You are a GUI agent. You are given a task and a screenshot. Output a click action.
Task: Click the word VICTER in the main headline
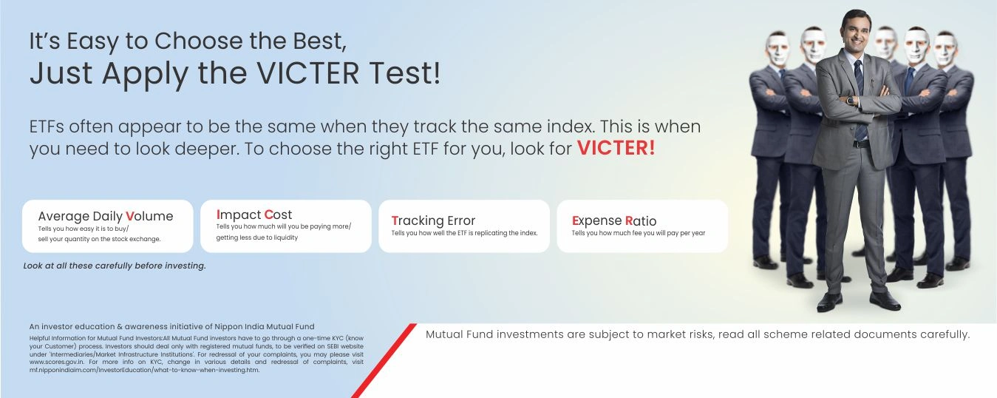[308, 73]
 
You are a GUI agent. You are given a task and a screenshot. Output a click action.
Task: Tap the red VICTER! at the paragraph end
[616, 148]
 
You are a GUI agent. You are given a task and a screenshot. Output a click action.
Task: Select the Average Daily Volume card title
[106, 216]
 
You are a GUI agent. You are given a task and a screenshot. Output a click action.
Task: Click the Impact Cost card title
[254, 215]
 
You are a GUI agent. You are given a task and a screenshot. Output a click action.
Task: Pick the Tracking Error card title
[433, 220]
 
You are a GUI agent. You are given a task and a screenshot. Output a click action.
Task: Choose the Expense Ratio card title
[613, 220]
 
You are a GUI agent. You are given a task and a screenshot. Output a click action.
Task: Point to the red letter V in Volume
[130, 216]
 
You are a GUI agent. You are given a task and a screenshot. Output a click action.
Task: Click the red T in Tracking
[395, 220]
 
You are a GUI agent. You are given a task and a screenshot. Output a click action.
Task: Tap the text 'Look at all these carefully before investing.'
[115, 266]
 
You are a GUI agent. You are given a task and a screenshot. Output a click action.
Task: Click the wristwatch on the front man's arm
[851, 101]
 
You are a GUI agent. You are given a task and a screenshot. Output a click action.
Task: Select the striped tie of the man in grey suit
[860, 98]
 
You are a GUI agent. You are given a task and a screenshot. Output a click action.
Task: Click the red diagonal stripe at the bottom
[384, 360]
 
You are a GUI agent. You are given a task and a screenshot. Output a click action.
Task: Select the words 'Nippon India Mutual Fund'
[265, 327]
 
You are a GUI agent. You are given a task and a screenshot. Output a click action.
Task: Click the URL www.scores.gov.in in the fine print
[56, 362]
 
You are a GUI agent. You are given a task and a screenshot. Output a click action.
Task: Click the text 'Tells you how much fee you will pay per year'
[639, 233]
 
